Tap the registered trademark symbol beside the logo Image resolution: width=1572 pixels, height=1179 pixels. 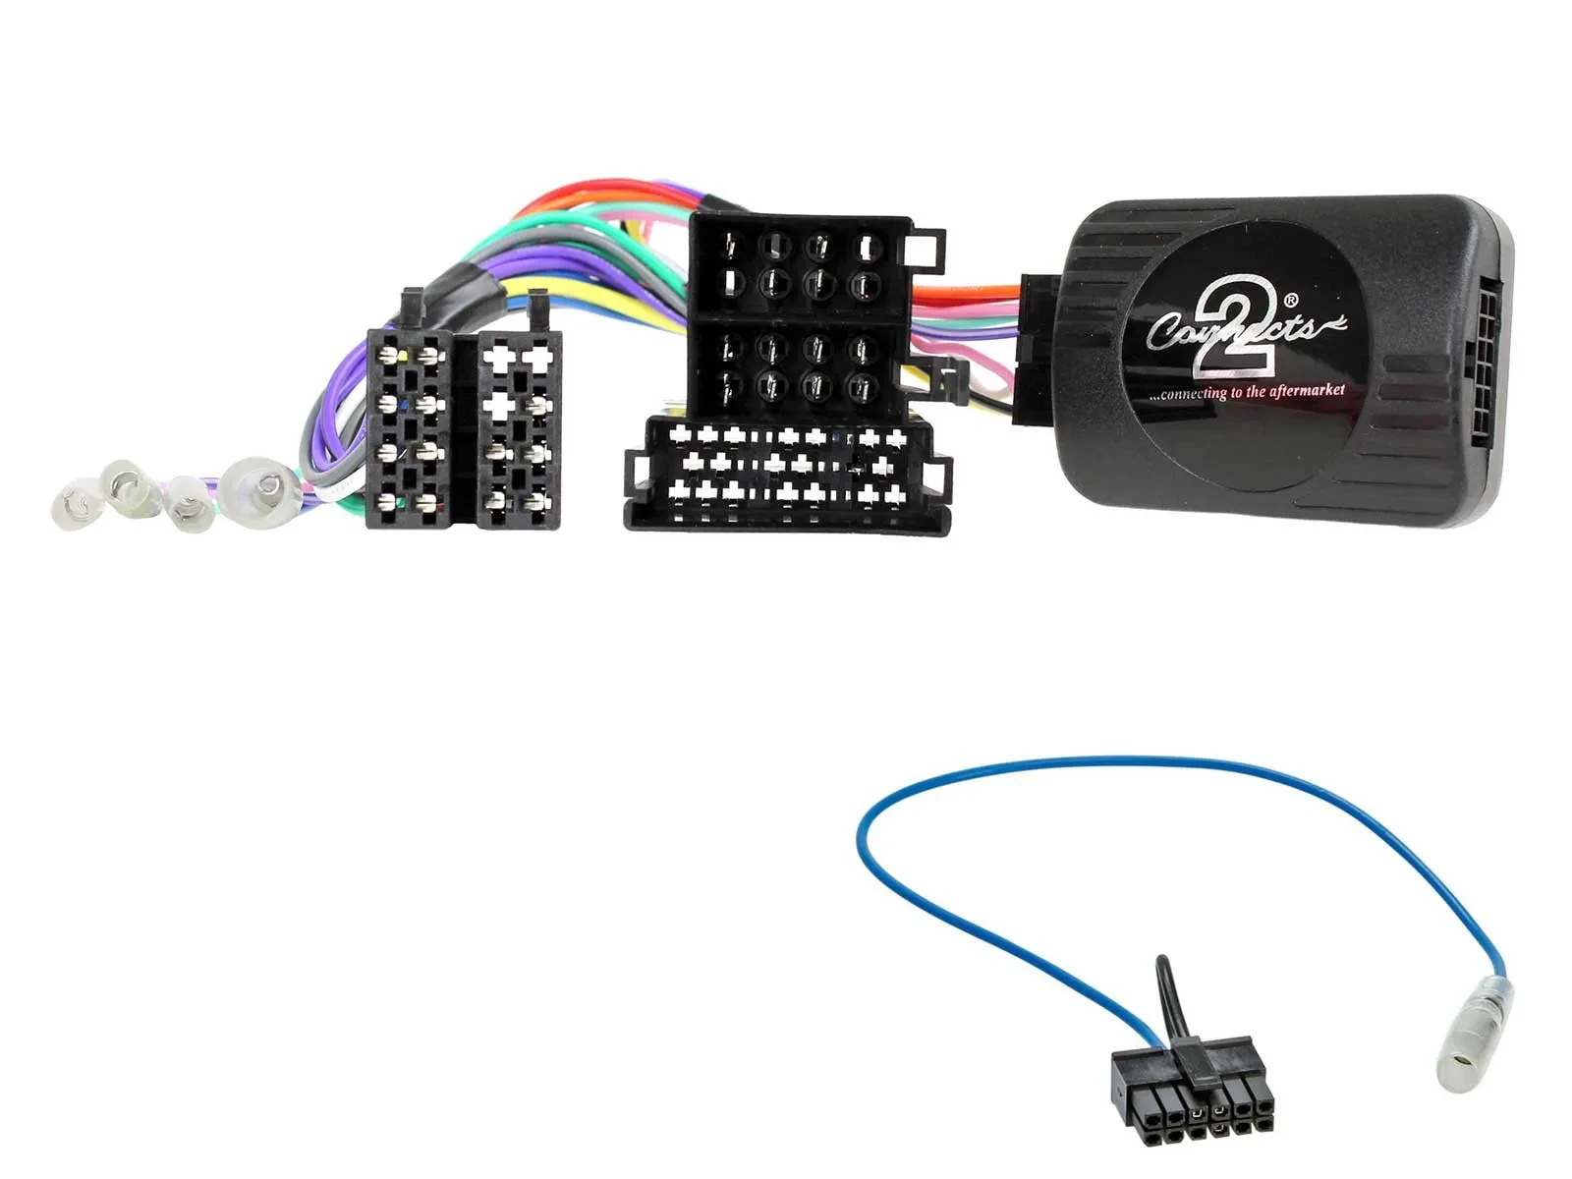pos(1290,301)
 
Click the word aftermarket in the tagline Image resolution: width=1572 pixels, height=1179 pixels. pos(1307,390)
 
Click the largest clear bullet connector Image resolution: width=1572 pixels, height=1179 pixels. pos(257,485)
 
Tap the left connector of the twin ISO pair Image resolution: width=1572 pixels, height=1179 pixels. pos(409,428)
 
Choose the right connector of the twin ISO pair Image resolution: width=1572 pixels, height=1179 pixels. pos(518,428)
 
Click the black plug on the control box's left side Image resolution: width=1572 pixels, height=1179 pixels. pos(1036,349)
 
